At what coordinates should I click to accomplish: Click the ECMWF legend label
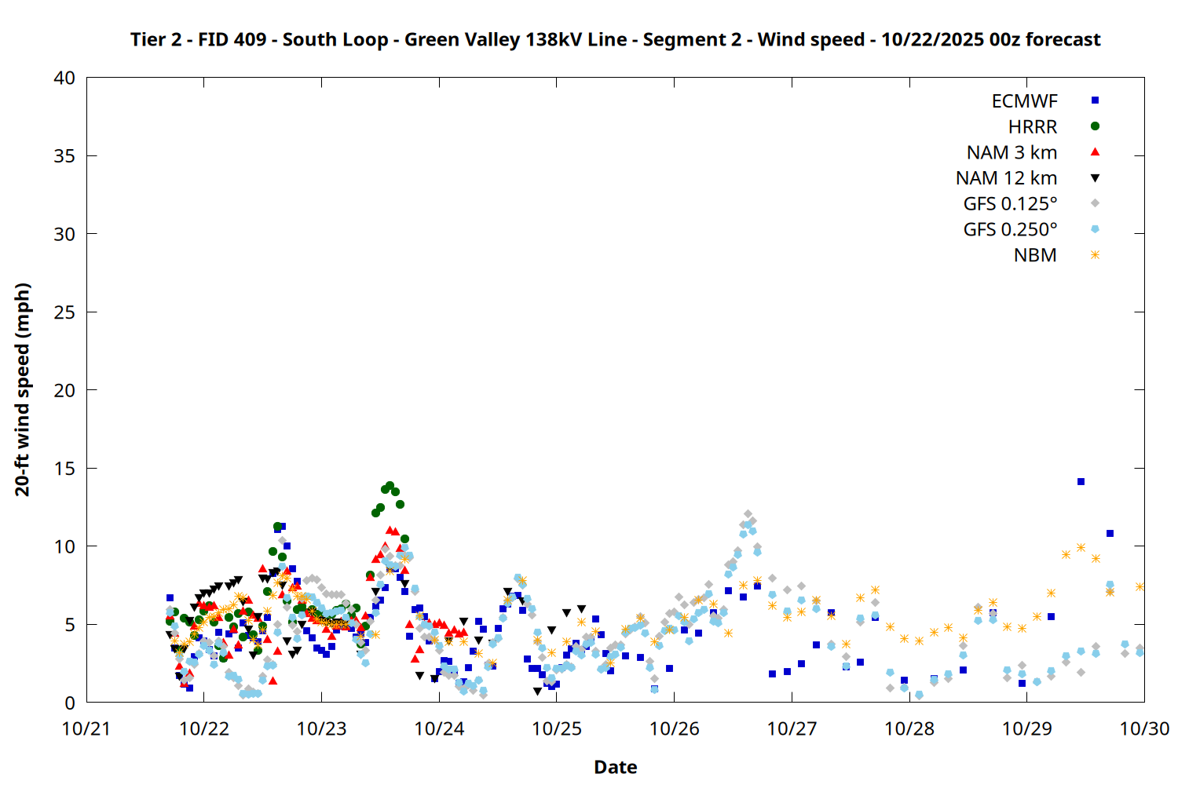1024,101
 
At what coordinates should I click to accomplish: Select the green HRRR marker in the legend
1095,126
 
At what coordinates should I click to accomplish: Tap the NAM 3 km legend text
1012,152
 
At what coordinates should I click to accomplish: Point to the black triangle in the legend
1095,178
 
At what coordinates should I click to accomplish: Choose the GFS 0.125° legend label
1010,204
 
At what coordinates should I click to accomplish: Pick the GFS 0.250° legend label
1010,230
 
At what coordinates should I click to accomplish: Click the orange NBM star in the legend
1095,255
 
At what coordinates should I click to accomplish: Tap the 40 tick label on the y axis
64,78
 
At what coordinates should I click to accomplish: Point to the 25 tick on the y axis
64,312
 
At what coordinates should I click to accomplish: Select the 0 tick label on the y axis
70,703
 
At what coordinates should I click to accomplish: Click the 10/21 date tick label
86,728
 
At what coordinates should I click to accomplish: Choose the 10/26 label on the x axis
674,728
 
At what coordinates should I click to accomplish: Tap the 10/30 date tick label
1144,728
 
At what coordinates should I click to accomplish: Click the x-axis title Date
615,767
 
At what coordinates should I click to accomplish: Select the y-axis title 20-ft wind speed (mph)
22,389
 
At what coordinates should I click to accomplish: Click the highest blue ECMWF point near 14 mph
1081,481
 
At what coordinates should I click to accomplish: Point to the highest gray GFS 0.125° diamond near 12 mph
748,514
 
